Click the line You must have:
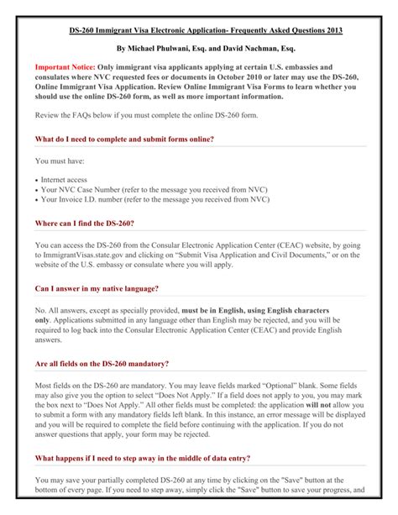[x=60, y=160]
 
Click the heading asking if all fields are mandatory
[x=102, y=364]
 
